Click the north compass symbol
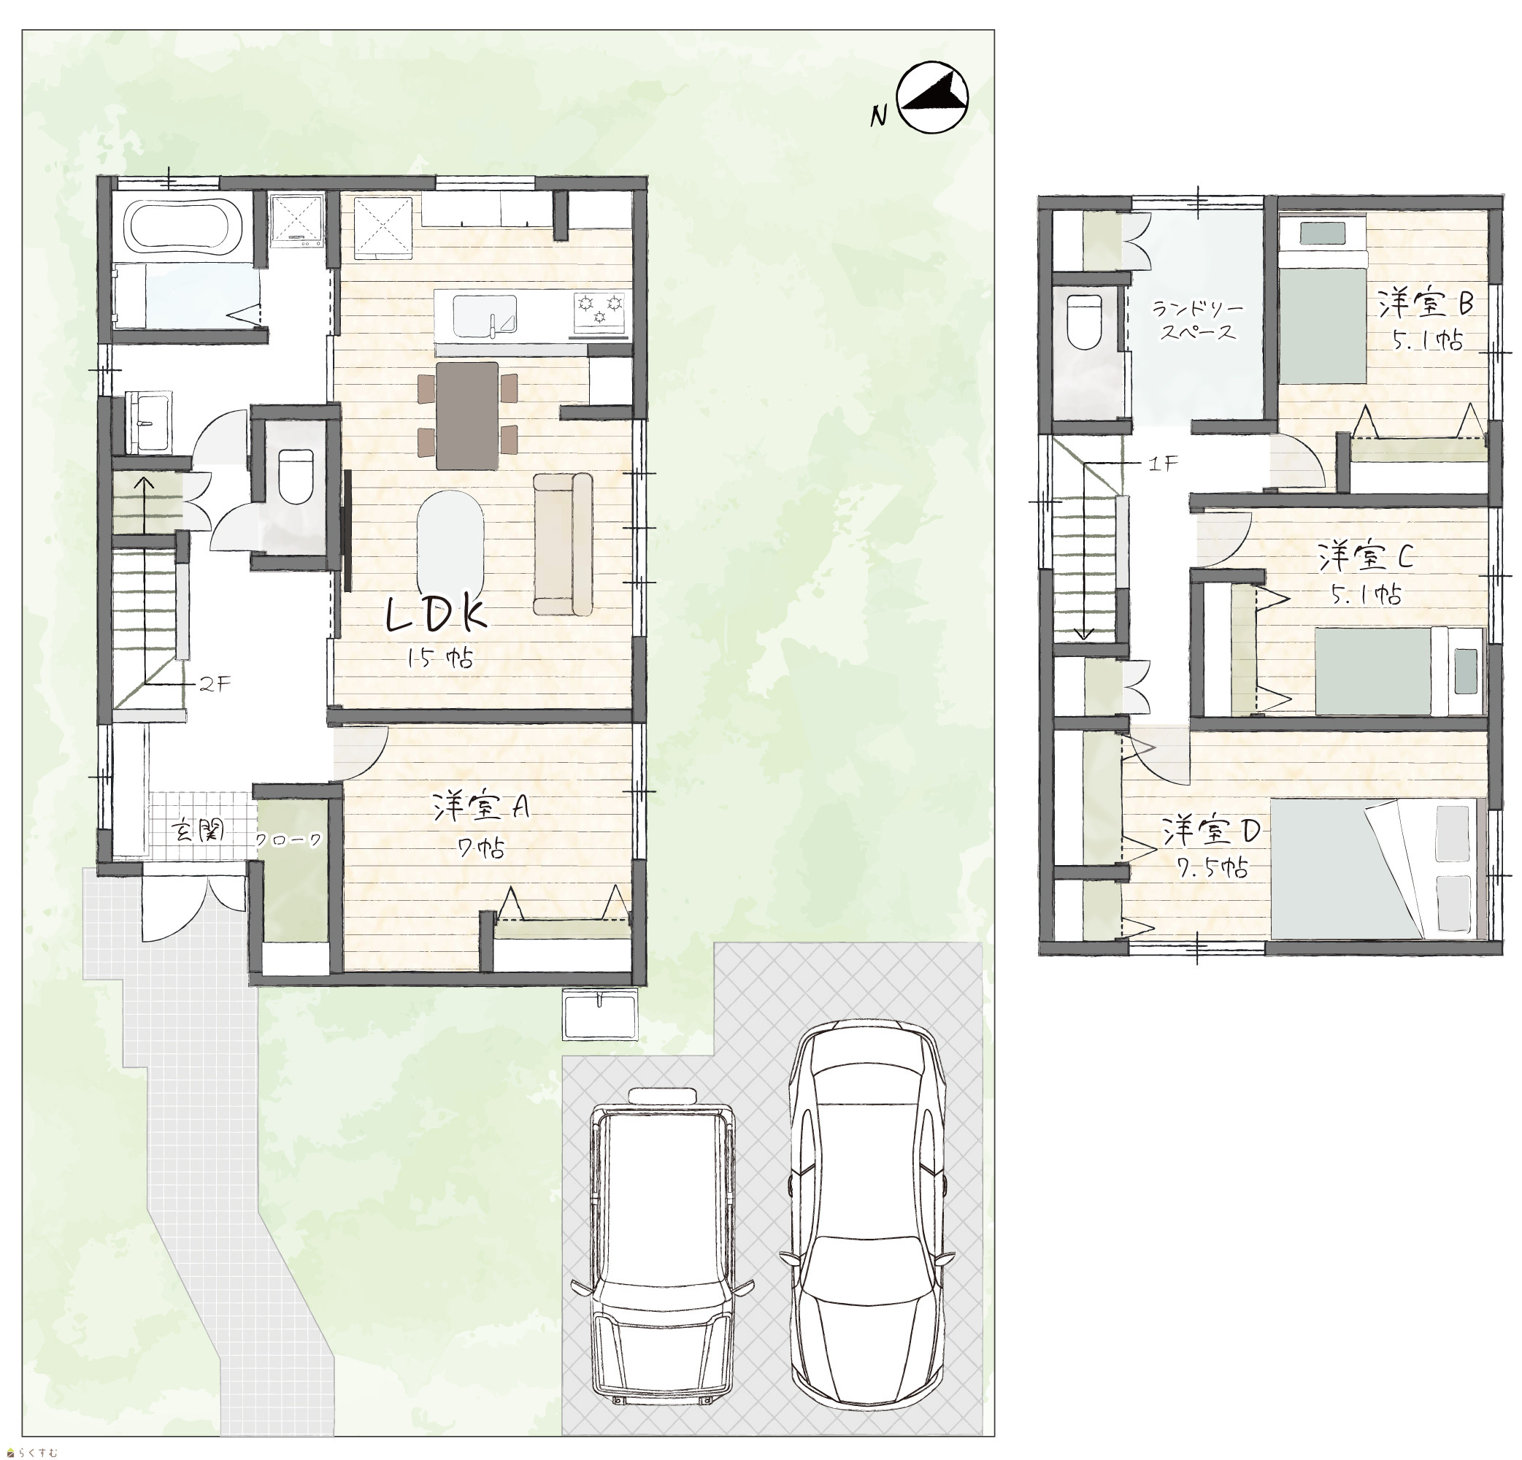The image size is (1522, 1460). pyautogui.click(x=933, y=98)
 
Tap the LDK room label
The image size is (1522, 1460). pyautogui.click(x=437, y=615)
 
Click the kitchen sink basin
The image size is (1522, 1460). pyautogui.click(x=485, y=316)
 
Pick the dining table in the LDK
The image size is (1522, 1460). pyautogui.click(x=466, y=415)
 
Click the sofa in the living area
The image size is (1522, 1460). pyautogui.click(x=563, y=544)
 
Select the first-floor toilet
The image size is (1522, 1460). pyautogui.click(x=295, y=476)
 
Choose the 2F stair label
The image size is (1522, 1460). pyautogui.click(x=215, y=685)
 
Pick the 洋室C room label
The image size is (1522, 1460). pyautogui.click(x=1365, y=557)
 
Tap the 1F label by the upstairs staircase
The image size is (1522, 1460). pyautogui.click(x=1164, y=464)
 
